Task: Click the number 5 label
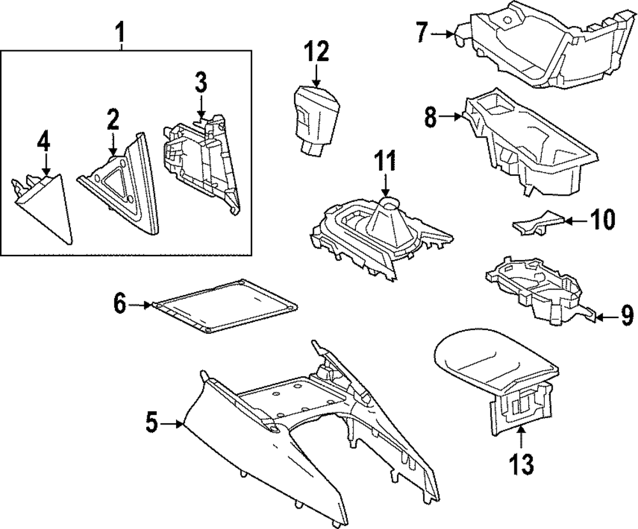click(x=151, y=423)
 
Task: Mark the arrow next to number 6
click(x=141, y=306)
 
